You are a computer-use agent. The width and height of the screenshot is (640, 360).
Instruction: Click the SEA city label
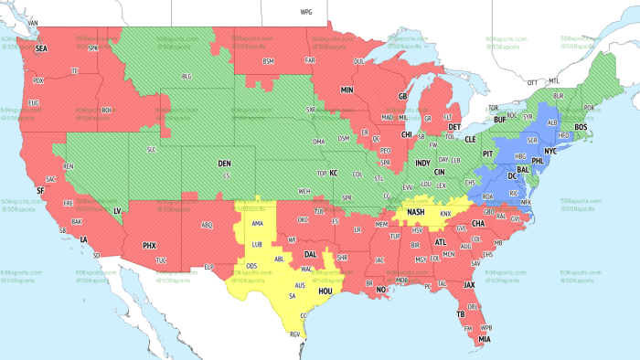click(x=40, y=49)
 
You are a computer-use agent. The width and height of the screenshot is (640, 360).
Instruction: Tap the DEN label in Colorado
click(x=224, y=164)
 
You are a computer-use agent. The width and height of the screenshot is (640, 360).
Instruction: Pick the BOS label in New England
click(x=580, y=127)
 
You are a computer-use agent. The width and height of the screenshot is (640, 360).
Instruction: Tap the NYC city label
click(x=550, y=150)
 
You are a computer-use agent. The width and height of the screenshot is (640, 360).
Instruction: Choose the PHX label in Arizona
click(x=150, y=245)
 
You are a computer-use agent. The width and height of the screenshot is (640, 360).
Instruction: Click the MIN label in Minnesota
click(x=347, y=90)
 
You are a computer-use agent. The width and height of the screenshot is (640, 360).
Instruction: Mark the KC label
click(x=334, y=173)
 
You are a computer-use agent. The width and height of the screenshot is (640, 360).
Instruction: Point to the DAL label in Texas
click(x=312, y=254)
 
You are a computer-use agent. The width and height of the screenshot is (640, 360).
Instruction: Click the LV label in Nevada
click(x=116, y=210)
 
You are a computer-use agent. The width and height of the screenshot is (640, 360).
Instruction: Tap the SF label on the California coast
click(x=39, y=190)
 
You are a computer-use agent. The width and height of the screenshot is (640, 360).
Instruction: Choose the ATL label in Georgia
click(x=441, y=242)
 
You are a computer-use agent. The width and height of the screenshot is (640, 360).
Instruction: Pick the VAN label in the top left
click(x=35, y=21)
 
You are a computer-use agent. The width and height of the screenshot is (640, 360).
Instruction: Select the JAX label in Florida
click(x=469, y=284)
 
